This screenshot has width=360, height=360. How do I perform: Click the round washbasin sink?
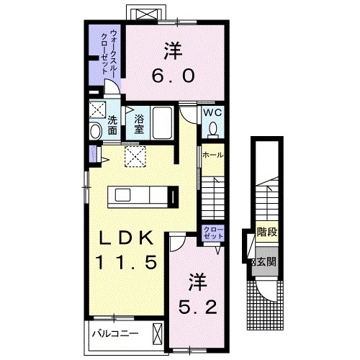[96, 131]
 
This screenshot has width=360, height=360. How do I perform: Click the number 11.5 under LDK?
[126, 263]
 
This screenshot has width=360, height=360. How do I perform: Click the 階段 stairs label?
[267, 233]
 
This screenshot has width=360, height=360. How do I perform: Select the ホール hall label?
[212, 155]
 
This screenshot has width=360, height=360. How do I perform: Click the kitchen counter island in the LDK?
[140, 195]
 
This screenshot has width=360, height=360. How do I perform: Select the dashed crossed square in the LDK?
[134, 155]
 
